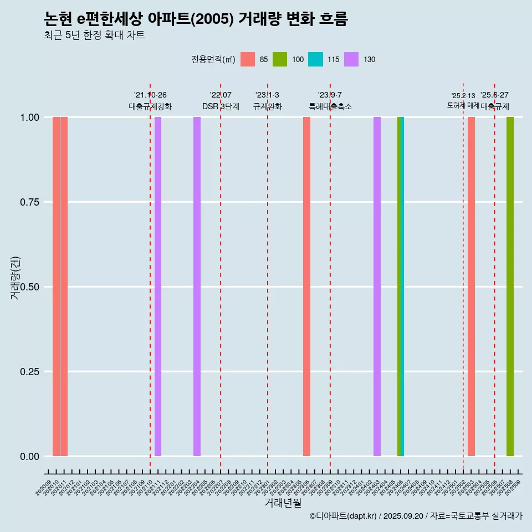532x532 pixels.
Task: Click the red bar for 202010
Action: (56, 287)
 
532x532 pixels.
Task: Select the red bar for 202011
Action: (64, 287)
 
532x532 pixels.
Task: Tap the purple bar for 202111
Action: (158, 287)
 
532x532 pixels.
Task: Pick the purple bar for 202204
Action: (197, 287)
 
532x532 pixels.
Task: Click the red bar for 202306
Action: (306, 287)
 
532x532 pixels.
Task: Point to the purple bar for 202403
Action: (377, 287)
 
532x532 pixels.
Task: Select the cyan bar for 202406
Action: (402, 287)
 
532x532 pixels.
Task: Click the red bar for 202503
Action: (471, 287)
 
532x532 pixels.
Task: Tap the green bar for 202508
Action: (510, 287)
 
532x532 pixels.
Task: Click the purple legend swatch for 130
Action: (351, 59)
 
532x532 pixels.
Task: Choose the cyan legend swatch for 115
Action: (315, 59)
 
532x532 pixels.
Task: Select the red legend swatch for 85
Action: (248, 59)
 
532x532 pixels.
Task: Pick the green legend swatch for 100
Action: (280, 59)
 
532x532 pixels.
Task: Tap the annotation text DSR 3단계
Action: (221, 106)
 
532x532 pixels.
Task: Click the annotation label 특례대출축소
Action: (330, 106)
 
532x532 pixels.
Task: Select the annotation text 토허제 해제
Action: (463, 105)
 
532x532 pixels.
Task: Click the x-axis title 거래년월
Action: (283, 503)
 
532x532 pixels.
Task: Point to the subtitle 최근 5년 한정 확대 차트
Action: (94, 35)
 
